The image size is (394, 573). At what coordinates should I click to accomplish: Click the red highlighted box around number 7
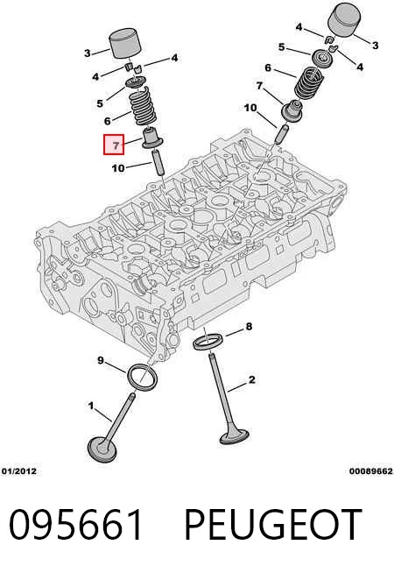click(x=114, y=145)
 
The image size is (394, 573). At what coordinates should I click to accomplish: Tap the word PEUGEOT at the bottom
click(x=272, y=525)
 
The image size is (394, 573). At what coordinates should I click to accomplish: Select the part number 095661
click(x=75, y=525)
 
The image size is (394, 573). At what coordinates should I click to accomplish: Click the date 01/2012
click(x=19, y=471)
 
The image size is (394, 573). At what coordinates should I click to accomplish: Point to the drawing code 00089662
click(x=370, y=471)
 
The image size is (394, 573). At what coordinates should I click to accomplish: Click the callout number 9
click(x=101, y=361)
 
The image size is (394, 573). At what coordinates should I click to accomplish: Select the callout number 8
click(x=249, y=326)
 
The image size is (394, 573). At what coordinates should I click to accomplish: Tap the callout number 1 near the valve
click(x=90, y=406)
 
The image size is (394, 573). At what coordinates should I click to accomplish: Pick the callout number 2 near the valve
click(x=251, y=379)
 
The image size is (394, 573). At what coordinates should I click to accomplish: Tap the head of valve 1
click(x=102, y=449)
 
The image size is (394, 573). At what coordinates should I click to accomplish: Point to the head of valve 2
click(x=234, y=436)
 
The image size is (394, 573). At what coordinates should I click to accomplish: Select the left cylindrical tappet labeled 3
click(x=125, y=43)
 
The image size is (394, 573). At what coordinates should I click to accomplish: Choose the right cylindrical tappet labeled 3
click(x=345, y=20)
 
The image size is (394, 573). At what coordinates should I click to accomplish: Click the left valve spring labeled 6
click(x=143, y=107)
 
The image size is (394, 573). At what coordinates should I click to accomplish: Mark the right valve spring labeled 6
click(x=310, y=82)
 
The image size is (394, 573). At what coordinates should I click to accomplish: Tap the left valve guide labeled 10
click(x=158, y=163)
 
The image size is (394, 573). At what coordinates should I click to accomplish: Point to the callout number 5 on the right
click(x=281, y=47)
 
